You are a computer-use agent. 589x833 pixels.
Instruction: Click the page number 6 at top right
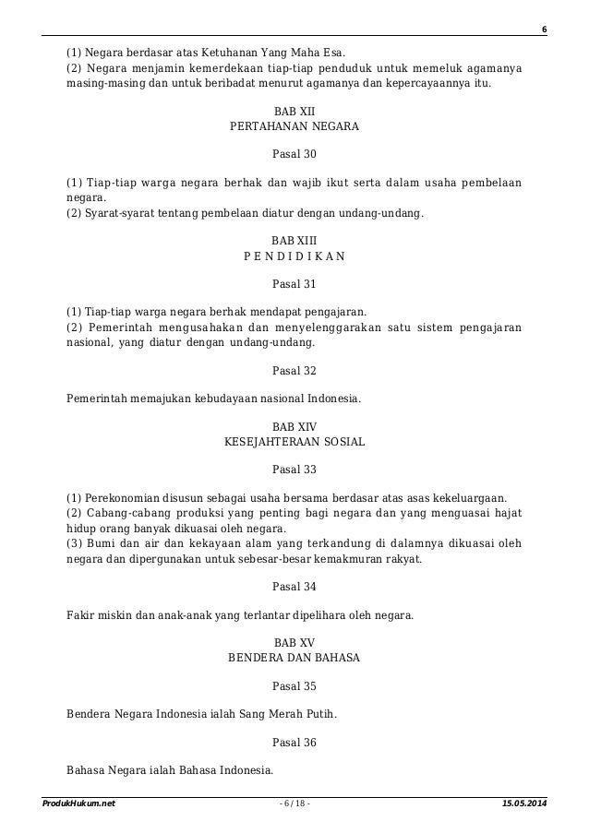click(x=544, y=30)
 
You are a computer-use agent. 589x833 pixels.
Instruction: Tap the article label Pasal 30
click(x=294, y=153)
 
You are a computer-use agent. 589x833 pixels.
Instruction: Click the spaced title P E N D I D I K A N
click(x=294, y=256)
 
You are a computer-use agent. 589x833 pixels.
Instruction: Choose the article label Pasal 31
click(x=294, y=284)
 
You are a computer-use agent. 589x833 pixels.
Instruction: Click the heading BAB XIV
click(x=294, y=427)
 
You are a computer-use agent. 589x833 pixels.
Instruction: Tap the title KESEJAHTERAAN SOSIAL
click(x=294, y=443)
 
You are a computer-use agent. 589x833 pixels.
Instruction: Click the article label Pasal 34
click(x=294, y=586)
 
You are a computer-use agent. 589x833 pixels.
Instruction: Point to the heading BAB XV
click(x=294, y=641)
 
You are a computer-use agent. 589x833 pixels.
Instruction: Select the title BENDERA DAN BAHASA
click(x=294, y=658)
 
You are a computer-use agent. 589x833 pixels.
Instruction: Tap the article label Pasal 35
click(x=294, y=685)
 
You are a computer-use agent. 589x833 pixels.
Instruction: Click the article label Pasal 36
click(x=294, y=743)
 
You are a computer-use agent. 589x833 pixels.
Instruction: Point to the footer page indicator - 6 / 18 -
click(x=294, y=805)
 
